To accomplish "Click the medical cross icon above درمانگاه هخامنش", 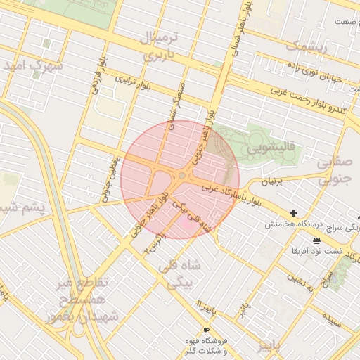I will pyautogui.click(x=293, y=213).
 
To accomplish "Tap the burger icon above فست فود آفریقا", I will pyautogui.click(x=317, y=240).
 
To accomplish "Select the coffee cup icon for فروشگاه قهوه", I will pyautogui.click(x=205, y=330).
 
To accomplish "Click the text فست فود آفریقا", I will pyautogui.click(x=317, y=251).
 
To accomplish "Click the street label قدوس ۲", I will pyautogui.click(x=154, y=243).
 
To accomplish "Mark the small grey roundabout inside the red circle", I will pyautogui.click(x=181, y=175).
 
